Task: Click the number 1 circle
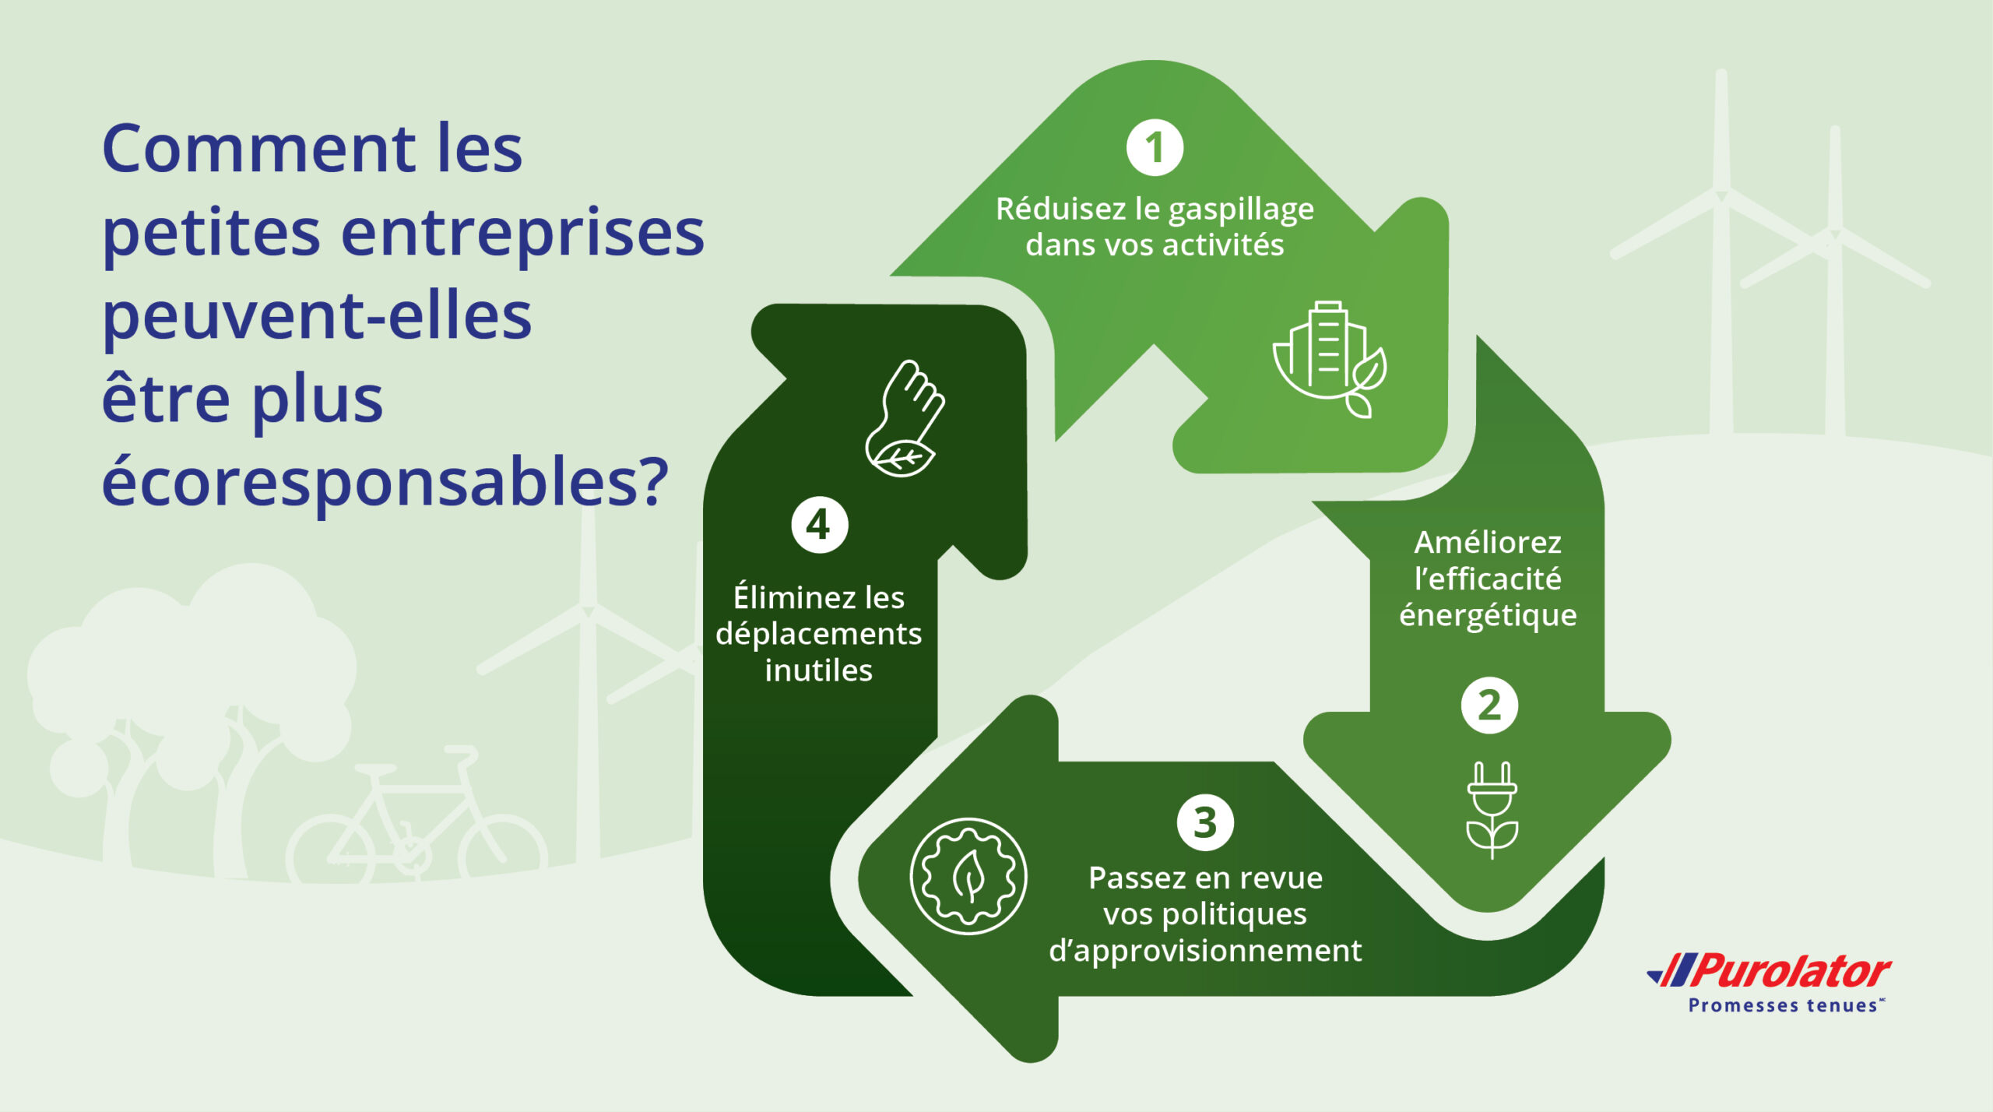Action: click(1155, 148)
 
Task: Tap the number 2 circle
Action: click(1489, 706)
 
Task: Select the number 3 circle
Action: click(1204, 822)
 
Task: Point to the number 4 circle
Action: click(819, 525)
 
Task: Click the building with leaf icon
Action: click(1330, 359)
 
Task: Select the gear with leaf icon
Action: click(968, 876)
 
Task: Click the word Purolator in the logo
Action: click(1791, 972)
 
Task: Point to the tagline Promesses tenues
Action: click(1783, 1006)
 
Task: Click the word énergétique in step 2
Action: click(1488, 616)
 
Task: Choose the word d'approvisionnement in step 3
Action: click(1205, 951)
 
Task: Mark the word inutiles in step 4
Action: click(818, 670)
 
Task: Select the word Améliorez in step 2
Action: click(1488, 543)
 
